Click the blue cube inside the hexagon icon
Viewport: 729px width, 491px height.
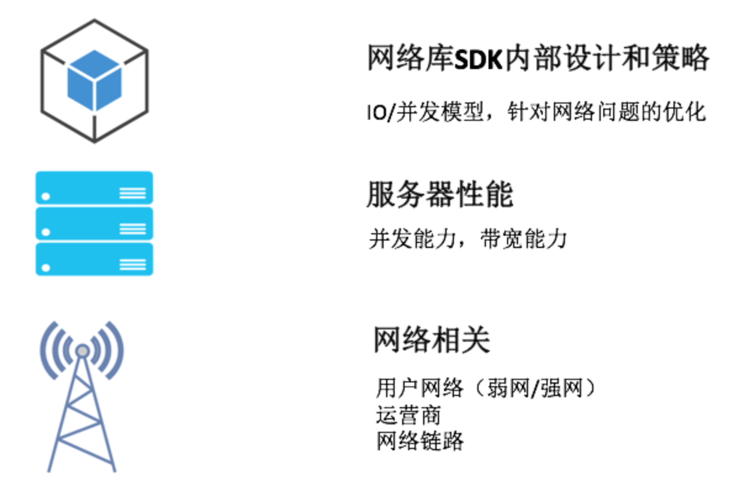(x=94, y=81)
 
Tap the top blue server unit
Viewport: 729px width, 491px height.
(x=94, y=188)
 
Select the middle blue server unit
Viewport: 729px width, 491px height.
(x=94, y=223)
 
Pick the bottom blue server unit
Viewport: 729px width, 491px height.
(x=94, y=259)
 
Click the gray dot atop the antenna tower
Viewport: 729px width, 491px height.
(x=82, y=350)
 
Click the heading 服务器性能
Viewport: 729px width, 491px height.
(x=440, y=196)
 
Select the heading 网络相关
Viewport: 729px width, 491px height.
(x=432, y=339)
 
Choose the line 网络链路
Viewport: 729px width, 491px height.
(x=419, y=441)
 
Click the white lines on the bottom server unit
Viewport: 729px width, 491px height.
(x=133, y=265)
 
